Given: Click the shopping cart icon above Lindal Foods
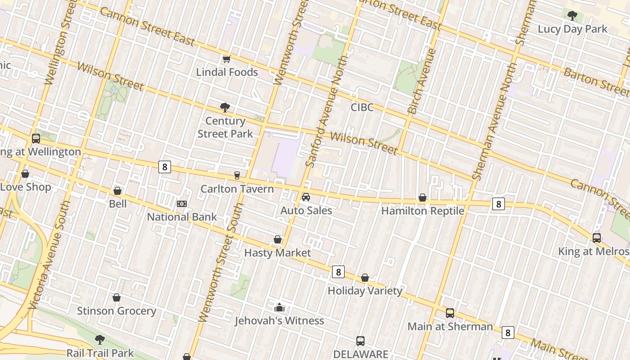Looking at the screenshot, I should pos(227,59).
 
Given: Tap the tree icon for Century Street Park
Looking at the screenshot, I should pos(225,108).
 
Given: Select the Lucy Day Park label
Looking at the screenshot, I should pos(572,29).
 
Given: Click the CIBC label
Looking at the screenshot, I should pos(362,108).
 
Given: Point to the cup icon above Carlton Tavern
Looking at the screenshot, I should pos(237,175).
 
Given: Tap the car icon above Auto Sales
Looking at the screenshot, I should pos(306,197).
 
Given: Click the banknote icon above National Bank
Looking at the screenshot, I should pos(182,204).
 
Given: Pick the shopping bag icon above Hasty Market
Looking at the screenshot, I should pos(278,239).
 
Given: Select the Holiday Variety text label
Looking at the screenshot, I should pos(364,291).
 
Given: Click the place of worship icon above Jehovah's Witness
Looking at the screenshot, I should pos(279,308).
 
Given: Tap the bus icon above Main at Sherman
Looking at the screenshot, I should pos(450,313).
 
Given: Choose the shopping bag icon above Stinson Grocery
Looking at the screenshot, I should pos(117,297).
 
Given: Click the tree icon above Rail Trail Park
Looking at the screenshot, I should pos(100,340).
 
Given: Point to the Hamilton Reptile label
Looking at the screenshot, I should pos(423,211).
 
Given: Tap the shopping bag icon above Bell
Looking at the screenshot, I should pos(117,191).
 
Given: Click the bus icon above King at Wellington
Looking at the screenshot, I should pos(36,139).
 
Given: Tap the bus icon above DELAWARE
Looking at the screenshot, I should pos(360,341).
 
